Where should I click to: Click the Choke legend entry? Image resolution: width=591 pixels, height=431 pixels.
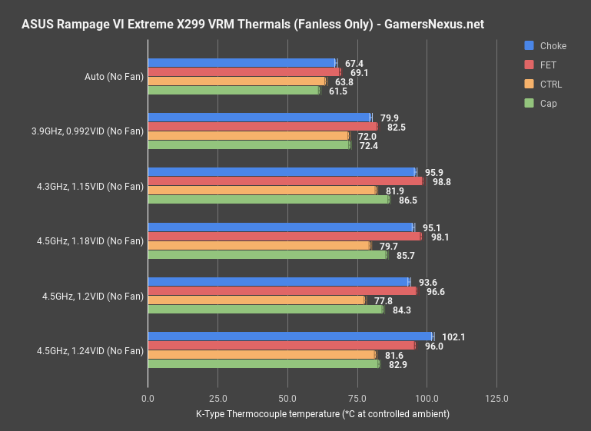point(553,46)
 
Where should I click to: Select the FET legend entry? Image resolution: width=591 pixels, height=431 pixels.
point(549,65)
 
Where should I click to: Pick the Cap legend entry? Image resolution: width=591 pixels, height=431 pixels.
point(548,103)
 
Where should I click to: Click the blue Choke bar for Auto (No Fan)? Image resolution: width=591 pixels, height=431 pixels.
point(241,63)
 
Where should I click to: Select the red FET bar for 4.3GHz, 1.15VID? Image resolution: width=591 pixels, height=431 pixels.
point(285,181)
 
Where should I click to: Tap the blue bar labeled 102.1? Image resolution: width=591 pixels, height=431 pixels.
point(290,337)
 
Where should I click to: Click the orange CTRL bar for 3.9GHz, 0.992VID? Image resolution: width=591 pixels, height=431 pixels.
point(247,136)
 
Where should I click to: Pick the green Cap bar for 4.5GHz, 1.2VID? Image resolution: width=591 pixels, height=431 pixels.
point(265,310)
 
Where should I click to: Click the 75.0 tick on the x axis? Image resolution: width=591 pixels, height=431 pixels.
point(357,398)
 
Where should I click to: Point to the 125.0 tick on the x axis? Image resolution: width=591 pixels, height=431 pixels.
point(496,398)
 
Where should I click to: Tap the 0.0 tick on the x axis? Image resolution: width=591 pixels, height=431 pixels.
point(148,398)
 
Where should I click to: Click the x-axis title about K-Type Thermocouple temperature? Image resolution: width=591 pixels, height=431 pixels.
point(322,414)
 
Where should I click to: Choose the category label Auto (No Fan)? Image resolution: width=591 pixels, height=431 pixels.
point(114,77)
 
